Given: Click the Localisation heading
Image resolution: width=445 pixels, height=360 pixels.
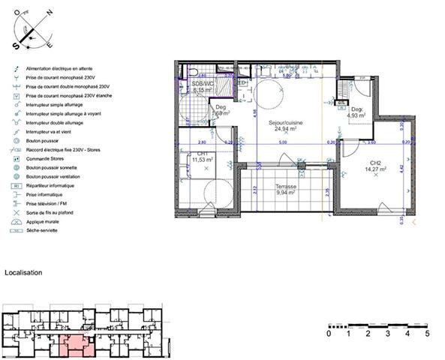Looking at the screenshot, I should point(24,273).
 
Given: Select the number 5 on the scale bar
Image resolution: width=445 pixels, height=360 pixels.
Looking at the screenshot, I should point(427,334).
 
